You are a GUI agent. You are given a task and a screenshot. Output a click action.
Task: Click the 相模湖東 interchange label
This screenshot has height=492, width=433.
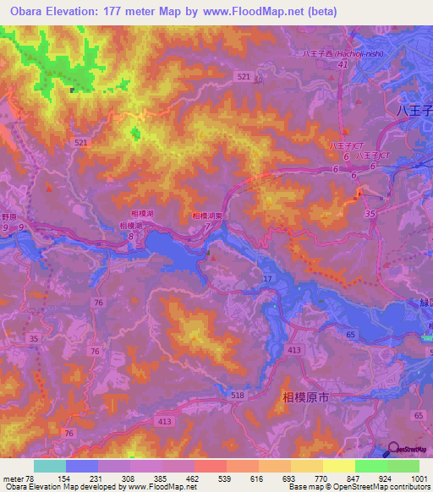(207, 216)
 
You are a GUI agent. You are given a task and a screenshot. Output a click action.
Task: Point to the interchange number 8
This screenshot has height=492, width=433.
(130, 237)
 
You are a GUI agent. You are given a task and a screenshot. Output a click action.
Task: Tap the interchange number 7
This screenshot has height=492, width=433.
(207, 226)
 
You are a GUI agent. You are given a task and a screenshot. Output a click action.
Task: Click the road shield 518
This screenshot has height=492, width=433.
(238, 394)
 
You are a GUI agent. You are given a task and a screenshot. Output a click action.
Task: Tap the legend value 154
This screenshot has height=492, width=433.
(64, 478)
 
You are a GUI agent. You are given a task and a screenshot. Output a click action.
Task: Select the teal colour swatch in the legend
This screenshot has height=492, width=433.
(49, 466)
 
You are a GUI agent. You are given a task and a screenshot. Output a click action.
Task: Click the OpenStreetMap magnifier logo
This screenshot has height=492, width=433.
(393, 449)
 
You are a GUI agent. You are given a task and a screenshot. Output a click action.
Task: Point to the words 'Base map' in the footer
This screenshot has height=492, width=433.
(303, 488)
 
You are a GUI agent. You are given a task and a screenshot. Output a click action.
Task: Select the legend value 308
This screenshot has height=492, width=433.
(129, 478)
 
